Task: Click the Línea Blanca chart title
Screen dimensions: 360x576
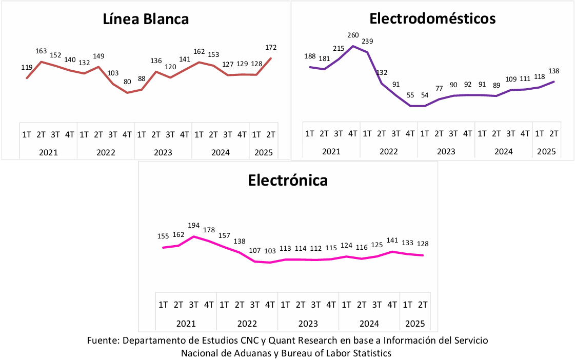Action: click(x=146, y=19)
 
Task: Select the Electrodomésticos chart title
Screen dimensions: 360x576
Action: click(x=432, y=19)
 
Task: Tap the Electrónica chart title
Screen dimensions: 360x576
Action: click(x=288, y=181)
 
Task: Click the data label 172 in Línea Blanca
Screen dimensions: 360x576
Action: click(x=271, y=48)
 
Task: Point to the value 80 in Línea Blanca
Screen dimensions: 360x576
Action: click(x=127, y=81)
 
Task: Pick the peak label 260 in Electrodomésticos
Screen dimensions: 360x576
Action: click(x=353, y=35)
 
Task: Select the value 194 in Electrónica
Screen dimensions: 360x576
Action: click(x=193, y=226)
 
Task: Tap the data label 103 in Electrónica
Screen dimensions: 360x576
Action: click(x=270, y=251)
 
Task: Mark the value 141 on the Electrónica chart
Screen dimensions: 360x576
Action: click(x=392, y=240)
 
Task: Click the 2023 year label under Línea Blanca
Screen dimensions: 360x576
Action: click(x=163, y=152)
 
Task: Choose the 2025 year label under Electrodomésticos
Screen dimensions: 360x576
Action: click(x=547, y=152)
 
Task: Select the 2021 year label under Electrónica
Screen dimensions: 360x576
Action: click(x=186, y=323)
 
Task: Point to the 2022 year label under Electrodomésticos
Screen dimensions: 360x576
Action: click(x=389, y=152)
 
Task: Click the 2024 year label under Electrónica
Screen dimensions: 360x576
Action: click(x=369, y=323)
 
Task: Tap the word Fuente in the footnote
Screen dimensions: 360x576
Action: click(x=103, y=341)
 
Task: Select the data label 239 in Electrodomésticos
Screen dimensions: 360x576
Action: click(x=367, y=42)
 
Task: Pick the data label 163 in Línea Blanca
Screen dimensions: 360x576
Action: click(x=41, y=51)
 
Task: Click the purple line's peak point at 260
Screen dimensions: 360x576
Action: click(x=353, y=46)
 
